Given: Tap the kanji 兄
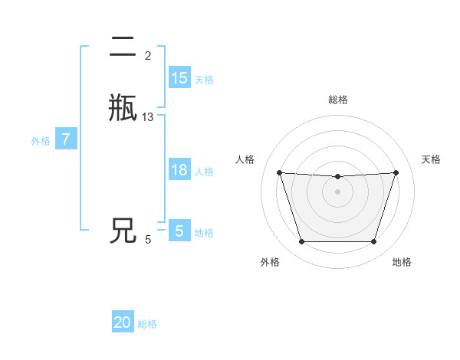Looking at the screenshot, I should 123,231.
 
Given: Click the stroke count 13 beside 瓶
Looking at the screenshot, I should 148,117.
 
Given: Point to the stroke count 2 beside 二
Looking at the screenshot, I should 147,56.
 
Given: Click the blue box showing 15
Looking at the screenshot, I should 179,78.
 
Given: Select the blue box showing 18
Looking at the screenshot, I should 179,170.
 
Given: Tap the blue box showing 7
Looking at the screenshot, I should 66,139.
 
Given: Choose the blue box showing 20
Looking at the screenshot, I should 123,322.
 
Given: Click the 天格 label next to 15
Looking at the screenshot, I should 204,80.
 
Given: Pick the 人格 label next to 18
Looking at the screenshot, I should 204,172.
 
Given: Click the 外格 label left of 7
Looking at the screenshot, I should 41,141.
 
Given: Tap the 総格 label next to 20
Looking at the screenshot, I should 147,324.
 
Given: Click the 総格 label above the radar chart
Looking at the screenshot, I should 338,100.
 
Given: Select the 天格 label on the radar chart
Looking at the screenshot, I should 431,159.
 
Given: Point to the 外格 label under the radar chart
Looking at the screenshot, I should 270,262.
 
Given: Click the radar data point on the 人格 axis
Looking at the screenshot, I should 279,172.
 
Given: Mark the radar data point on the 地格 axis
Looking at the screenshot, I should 373,242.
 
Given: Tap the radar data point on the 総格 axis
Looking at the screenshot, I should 337,177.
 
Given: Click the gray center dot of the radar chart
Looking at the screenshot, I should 337,191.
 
